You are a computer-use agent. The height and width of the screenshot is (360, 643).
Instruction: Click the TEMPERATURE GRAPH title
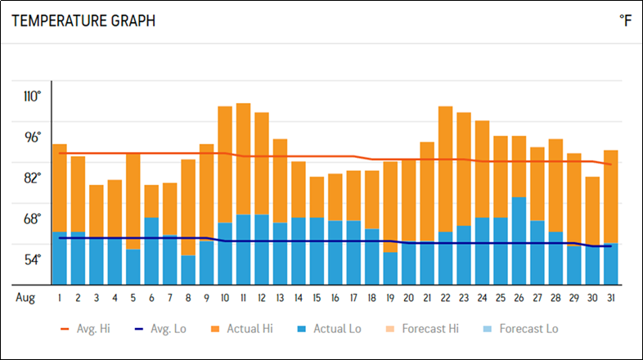(83, 21)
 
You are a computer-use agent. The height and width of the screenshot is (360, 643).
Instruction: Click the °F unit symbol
(626, 21)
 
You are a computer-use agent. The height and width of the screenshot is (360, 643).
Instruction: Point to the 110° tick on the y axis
(33, 96)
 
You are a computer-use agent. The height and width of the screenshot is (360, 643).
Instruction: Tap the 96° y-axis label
(33, 137)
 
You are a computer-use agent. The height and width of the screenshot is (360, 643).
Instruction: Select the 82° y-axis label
(33, 178)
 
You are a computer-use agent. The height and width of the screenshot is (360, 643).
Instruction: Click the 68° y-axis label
(33, 218)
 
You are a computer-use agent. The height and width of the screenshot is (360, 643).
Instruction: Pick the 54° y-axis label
(33, 259)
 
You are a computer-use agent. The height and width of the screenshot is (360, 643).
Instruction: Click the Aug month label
(25, 297)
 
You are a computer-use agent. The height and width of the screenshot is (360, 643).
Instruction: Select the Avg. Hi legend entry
(85, 329)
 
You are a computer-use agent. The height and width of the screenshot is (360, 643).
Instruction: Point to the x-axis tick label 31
(610, 297)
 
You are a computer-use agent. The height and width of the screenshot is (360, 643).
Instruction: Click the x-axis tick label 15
(317, 297)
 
